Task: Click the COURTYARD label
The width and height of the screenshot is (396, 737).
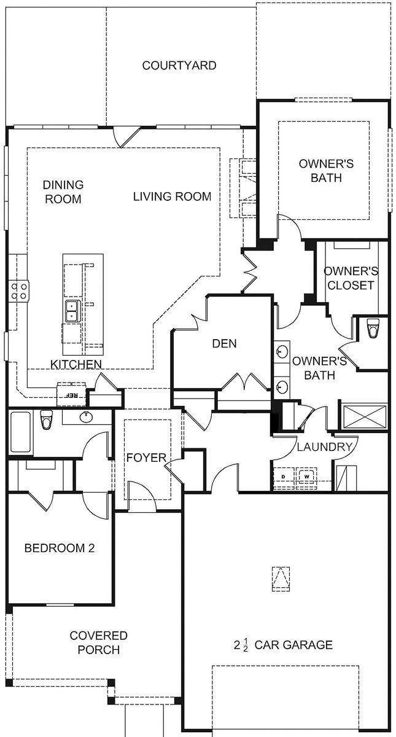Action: point(179,65)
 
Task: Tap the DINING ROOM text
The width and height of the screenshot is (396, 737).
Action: point(63,192)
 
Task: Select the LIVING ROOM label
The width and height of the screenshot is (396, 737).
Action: point(172,197)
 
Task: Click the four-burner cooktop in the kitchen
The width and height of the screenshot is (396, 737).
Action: point(19,290)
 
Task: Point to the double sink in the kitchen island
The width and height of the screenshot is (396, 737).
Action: point(71,311)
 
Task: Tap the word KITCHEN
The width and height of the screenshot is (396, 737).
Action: point(76,365)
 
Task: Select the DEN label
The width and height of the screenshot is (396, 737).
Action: point(224,344)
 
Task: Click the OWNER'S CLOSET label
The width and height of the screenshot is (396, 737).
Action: point(350,278)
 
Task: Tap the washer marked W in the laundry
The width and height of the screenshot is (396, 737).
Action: point(305,477)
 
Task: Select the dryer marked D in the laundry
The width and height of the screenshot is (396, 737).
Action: point(284,477)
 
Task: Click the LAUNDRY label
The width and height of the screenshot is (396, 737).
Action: point(325,447)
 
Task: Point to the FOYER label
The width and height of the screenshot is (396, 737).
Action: point(146,458)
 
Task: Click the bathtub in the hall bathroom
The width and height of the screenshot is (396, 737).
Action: point(20,432)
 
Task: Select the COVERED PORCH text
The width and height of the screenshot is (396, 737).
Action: point(98,642)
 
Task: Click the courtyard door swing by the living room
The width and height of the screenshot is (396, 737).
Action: point(128,136)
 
